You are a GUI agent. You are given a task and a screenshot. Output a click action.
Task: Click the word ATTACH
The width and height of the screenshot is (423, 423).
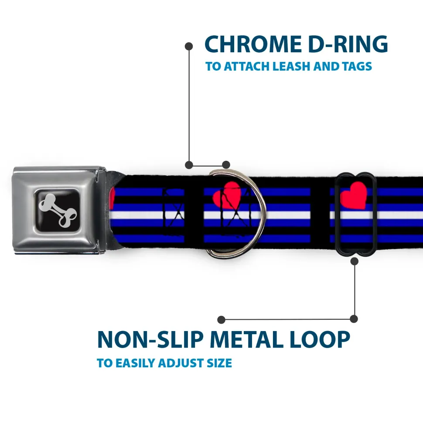pyautogui.click(x=247, y=67)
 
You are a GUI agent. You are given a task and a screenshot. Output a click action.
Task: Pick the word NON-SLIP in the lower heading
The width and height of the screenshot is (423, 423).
pyautogui.click(x=151, y=340)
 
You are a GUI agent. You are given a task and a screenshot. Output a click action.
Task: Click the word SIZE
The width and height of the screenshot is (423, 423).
pyautogui.click(x=220, y=363)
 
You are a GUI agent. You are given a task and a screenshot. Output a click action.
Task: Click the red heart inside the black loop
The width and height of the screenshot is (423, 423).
pyautogui.click(x=353, y=196)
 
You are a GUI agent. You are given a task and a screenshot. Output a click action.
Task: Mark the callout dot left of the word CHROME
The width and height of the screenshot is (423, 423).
pyautogui.click(x=189, y=45)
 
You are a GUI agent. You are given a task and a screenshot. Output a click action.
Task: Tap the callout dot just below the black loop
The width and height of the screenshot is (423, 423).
pyautogui.click(x=355, y=261)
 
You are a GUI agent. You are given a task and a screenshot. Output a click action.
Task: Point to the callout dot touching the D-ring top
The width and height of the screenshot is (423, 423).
pyautogui.click(x=226, y=165)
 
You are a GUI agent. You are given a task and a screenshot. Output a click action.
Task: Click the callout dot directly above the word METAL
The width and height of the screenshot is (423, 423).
pyautogui.click(x=222, y=319)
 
